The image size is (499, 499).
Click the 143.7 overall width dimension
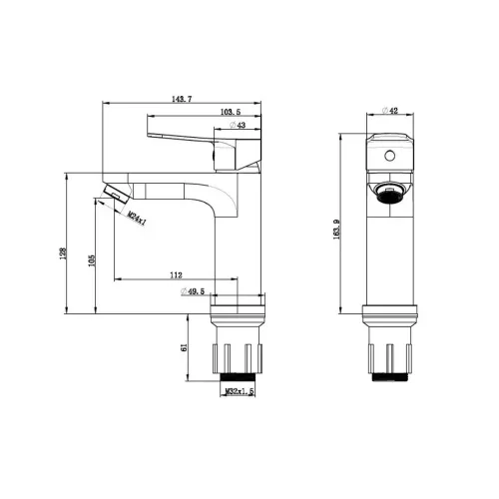(182, 99)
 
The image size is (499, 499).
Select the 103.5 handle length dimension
(231, 112)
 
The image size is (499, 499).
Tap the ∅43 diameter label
(238, 125)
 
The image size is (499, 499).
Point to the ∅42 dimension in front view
(390, 111)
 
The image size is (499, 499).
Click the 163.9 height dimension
(336, 230)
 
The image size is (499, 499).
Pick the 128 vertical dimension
(63, 253)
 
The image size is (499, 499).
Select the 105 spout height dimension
(92, 260)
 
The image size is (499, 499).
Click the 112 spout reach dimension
(176, 275)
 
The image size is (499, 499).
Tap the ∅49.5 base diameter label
(193, 291)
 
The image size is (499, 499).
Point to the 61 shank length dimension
(184, 347)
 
